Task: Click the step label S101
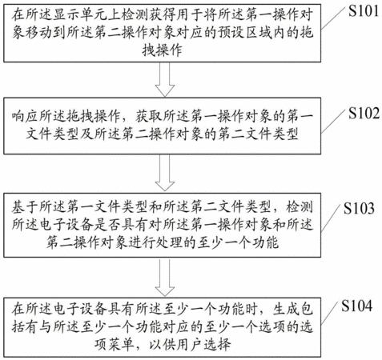pyautogui.click(x=364, y=11)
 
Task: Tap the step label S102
pyautogui.click(x=364, y=113)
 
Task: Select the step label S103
pyautogui.click(x=359, y=208)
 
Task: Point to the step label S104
pyautogui.click(x=356, y=306)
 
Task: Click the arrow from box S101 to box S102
pyautogui.click(x=165, y=79)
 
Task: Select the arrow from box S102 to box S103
pyautogui.click(x=165, y=173)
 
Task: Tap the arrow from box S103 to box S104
pyautogui.click(x=165, y=277)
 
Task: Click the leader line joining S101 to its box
pyautogui.click(x=333, y=18)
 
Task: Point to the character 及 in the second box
pyautogui.click(x=87, y=134)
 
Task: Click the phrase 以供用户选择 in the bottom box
pyautogui.click(x=190, y=345)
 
